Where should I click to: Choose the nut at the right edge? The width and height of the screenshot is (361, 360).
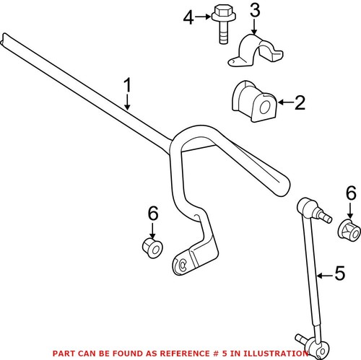click(x=349, y=232)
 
